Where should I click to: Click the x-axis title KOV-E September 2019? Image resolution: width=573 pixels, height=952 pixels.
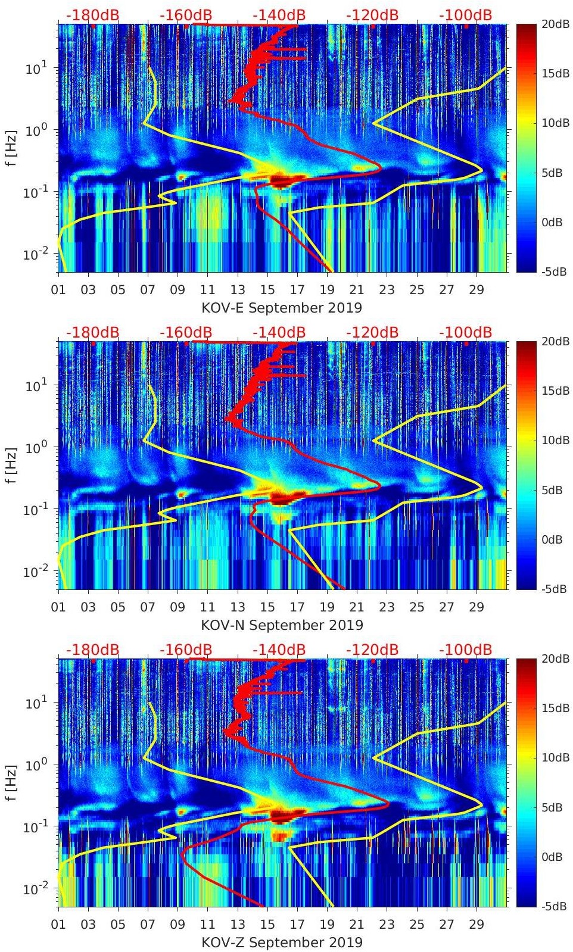pyautogui.click(x=282, y=308)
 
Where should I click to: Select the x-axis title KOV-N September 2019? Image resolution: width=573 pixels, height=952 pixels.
pyautogui.click(x=282, y=625)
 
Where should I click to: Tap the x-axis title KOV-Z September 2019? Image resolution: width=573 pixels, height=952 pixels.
pyautogui.click(x=282, y=942)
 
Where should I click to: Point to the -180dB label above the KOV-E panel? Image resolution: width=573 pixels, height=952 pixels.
pyautogui.click(x=92, y=15)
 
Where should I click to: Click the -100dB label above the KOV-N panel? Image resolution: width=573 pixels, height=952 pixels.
pyautogui.click(x=466, y=332)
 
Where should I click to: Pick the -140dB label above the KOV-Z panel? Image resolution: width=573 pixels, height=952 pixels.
pyautogui.click(x=279, y=650)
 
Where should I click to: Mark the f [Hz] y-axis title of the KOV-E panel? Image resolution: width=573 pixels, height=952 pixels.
pyautogui.click(x=12, y=148)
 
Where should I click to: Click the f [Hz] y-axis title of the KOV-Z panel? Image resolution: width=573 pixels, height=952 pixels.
pyautogui.click(x=12, y=783)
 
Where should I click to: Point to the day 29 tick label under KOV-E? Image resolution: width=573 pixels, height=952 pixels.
pyautogui.click(x=477, y=291)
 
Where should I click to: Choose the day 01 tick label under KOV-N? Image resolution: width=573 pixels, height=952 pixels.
pyautogui.click(x=58, y=608)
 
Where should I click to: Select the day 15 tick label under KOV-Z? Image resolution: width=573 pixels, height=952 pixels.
pyautogui.click(x=267, y=925)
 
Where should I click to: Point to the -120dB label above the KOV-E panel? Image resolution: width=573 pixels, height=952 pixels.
pyautogui.click(x=372, y=15)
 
